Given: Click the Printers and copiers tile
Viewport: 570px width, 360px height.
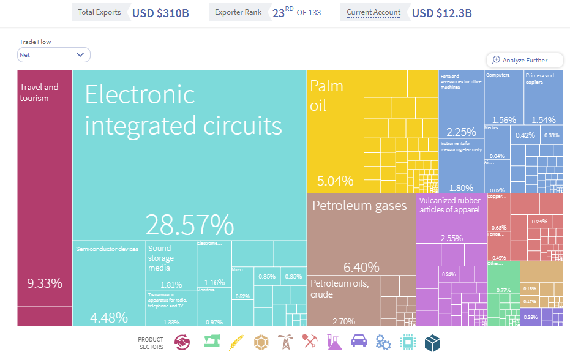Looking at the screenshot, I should coord(543,97).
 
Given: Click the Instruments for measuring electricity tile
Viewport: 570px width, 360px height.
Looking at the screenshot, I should coord(461,165).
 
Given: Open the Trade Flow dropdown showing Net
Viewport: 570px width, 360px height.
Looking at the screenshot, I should coord(54,55).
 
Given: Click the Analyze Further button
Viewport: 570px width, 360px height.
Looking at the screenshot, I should coord(525,60).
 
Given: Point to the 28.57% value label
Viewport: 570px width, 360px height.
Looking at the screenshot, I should coord(189,225).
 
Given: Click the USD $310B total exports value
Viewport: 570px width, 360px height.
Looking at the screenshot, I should coord(160,13).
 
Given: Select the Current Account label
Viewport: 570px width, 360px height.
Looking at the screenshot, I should coord(373,12).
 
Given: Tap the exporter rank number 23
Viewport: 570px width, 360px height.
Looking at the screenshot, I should coord(279,13).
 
